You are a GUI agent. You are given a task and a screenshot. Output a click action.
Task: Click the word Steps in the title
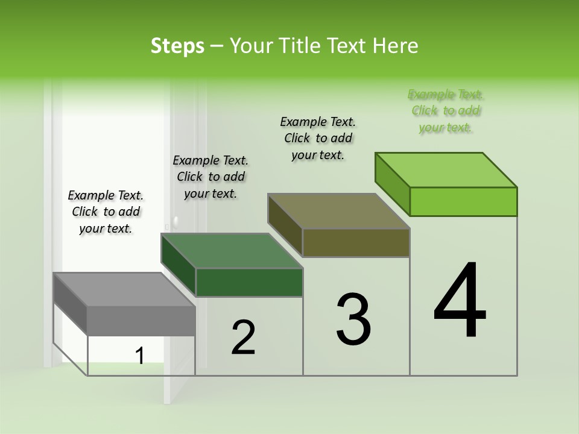[177, 46]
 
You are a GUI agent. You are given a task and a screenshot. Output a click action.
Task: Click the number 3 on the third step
[353, 319]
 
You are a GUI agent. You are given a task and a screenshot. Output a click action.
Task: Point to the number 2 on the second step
[243, 338]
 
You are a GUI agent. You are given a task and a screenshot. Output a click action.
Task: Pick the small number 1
[140, 356]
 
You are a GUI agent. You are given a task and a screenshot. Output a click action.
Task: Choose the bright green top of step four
[446, 169]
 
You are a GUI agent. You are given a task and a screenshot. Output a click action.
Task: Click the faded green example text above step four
[446, 111]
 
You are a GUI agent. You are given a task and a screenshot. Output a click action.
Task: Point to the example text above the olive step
[318, 138]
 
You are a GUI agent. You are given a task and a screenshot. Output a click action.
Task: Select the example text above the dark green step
[210, 177]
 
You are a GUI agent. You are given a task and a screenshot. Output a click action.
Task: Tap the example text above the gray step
[106, 212]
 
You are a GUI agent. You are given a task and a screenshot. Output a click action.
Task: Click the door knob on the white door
[175, 221]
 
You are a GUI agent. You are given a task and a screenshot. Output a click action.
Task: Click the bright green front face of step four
[463, 201]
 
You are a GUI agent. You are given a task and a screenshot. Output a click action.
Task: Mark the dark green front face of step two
[249, 282]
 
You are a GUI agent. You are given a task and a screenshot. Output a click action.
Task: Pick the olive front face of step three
[356, 243]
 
